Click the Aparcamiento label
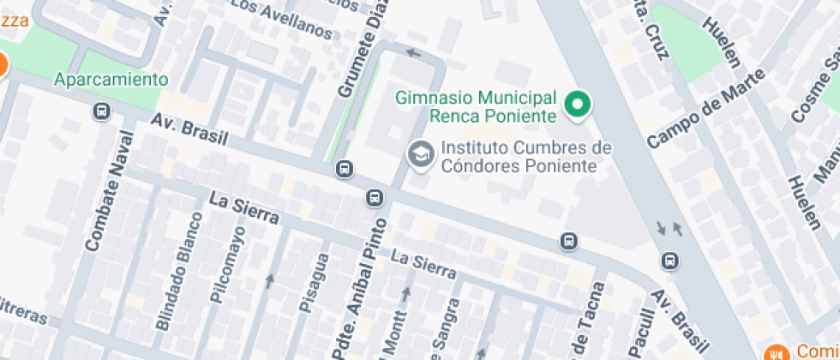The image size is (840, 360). pyautogui.click(x=111, y=80)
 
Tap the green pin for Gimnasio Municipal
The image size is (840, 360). pyautogui.click(x=578, y=105)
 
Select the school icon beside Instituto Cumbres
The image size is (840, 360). pyautogui.click(x=420, y=154)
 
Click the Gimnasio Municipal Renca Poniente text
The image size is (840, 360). pyautogui.click(x=476, y=105)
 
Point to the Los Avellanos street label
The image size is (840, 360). pyautogui.click(x=282, y=20)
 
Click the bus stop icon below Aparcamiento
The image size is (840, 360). pyautogui.click(x=101, y=111)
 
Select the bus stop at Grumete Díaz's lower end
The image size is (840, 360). pyautogui.click(x=345, y=170)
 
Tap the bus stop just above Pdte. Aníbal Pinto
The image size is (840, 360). pyautogui.click(x=375, y=198)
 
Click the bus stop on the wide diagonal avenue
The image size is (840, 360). pyautogui.click(x=669, y=259)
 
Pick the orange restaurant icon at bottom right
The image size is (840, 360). pyautogui.click(x=777, y=351)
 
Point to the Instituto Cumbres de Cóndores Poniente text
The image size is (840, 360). pyautogui.click(x=525, y=156)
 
